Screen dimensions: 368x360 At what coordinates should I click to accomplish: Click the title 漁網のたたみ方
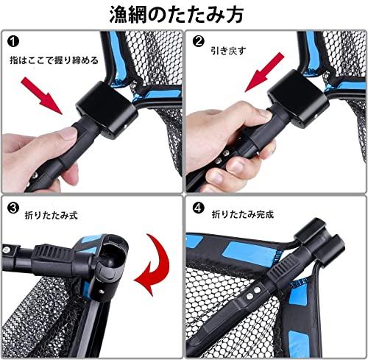176,14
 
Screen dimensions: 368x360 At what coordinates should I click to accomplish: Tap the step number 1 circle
13,41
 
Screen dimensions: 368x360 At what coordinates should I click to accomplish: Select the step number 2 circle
198,41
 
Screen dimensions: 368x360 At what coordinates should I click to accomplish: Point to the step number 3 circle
13,208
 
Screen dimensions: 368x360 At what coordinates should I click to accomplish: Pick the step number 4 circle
199,208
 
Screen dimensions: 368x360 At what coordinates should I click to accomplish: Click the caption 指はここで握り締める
54,60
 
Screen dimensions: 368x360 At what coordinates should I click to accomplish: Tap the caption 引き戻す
228,51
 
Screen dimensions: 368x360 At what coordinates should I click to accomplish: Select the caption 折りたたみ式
51,215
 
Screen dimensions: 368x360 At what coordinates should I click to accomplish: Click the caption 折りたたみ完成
243,214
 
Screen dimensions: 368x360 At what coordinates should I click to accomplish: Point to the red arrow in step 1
42,95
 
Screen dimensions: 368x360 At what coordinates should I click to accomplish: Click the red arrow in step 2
264,73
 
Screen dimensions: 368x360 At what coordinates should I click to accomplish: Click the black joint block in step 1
106,109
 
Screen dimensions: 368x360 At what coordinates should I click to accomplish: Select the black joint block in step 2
298,98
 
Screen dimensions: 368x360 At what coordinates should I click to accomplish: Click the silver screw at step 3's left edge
6,250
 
